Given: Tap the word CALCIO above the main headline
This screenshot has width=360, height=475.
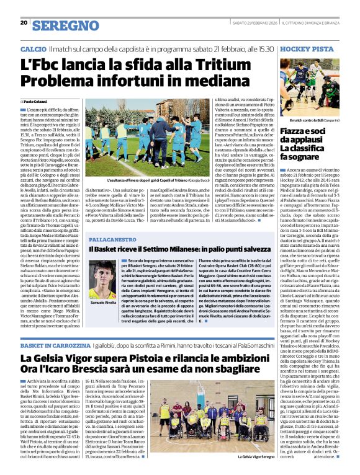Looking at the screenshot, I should click(x=33, y=48).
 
